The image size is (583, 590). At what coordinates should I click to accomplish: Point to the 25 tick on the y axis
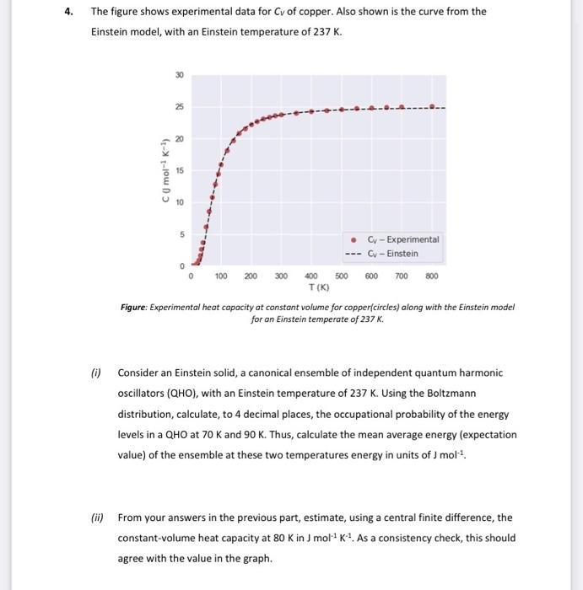pyautogui.click(x=179, y=107)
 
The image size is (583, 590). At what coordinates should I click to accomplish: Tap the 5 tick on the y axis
pyautogui.click(x=179, y=234)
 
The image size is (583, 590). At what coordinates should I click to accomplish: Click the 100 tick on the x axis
pyautogui.click(x=221, y=276)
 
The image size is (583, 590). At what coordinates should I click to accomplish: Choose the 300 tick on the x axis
pyautogui.click(x=281, y=276)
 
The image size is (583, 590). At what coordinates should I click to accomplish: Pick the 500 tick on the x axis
pyautogui.click(x=341, y=276)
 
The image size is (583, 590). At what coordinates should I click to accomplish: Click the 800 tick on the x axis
pyautogui.click(x=431, y=276)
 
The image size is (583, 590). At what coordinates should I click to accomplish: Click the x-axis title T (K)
pyautogui.click(x=311, y=287)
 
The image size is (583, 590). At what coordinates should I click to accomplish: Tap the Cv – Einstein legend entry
pyautogui.click(x=392, y=253)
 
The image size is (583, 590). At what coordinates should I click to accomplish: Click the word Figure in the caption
pyautogui.click(x=137, y=308)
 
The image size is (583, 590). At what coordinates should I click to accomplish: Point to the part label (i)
pyautogui.click(x=96, y=372)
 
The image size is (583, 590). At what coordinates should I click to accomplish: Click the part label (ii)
pyautogui.click(x=97, y=517)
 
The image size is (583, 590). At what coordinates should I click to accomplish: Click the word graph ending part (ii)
pyautogui.click(x=256, y=557)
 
